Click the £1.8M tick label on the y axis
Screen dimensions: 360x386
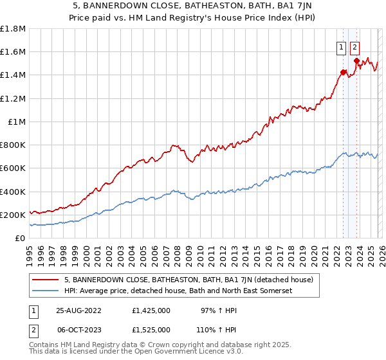13,29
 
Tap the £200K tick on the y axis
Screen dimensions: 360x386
13,215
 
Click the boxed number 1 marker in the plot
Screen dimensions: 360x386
340,46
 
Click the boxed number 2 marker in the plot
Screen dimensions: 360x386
355,46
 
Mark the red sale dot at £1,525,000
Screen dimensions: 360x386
356,60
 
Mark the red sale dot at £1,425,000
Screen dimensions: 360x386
343,72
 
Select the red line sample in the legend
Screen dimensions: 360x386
46,280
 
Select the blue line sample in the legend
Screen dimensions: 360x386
46,291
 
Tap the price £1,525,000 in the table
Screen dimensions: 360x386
151,329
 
